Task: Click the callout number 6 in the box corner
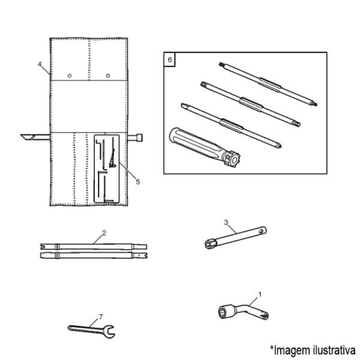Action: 170,59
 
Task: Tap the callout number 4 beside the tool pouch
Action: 40,64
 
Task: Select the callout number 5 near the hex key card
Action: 138,182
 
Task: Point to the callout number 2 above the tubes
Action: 104,233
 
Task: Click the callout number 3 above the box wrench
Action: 226,222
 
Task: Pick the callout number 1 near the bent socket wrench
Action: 260,294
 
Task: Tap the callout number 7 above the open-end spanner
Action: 101,317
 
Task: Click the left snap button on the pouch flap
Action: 70,76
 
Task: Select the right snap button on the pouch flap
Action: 108,76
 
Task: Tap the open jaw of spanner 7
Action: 109,332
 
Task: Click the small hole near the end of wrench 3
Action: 260,231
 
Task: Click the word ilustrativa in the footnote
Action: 334,350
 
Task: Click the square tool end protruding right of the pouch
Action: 139,137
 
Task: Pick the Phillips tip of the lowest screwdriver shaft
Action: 279,145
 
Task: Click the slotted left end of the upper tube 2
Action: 43,247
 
